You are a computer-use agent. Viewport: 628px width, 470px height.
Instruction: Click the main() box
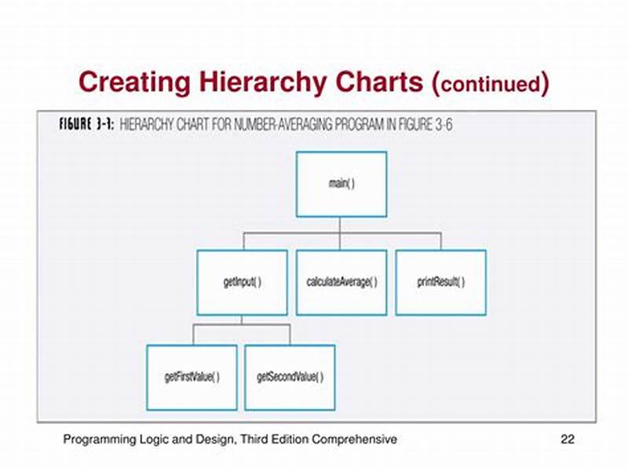point(341,184)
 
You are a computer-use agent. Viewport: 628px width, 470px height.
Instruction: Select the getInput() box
point(242,282)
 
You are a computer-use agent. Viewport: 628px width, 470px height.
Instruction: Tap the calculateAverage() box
point(341,282)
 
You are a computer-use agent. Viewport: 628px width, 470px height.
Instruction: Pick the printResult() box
point(440,282)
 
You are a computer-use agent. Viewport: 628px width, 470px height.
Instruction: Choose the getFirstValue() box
point(192,377)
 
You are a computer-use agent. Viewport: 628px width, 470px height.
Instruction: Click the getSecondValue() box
point(290,377)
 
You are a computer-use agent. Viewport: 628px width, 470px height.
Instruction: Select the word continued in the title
point(491,84)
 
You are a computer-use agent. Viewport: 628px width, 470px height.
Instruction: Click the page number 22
point(567,439)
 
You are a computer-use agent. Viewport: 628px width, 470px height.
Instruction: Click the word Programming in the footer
point(95,439)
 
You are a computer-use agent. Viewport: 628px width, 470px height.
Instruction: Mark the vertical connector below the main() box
point(341,224)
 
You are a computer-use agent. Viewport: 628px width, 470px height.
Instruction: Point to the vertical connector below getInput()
point(242,319)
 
